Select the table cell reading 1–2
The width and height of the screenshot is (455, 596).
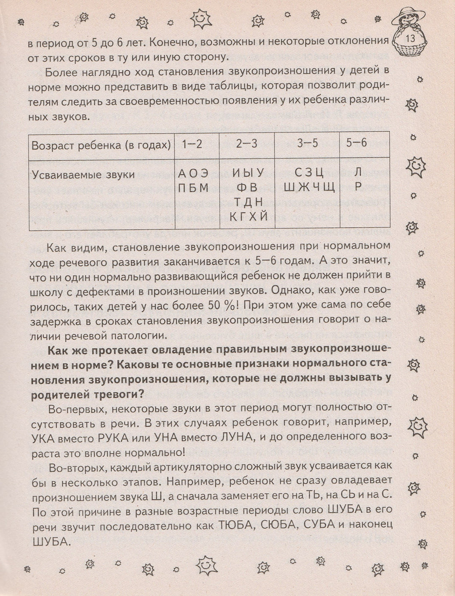192,144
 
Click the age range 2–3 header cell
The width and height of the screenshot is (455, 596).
246,144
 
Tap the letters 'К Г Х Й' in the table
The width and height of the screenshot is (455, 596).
248,216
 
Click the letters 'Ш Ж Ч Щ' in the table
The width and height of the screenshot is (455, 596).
309,187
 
